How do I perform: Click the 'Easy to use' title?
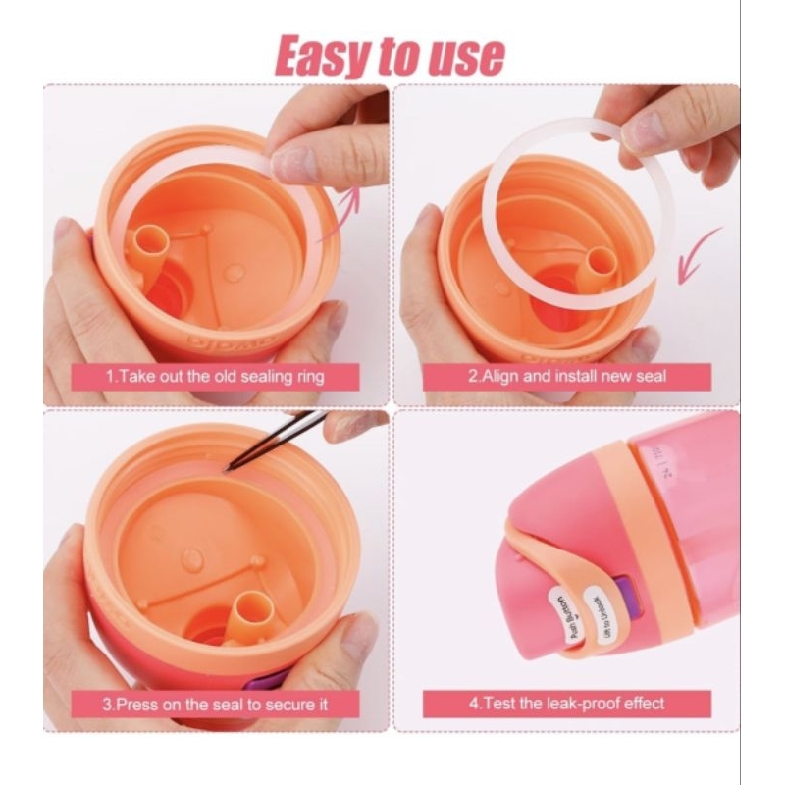pyautogui.click(x=391, y=56)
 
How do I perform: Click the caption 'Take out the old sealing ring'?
pyautogui.click(x=215, y=376)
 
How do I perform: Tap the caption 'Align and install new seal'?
pyautogui.click(x=566, y=376)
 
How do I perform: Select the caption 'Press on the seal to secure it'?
pyautogui.click(x=215, y=704)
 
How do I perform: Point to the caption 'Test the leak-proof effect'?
pyautogui.click(x=566, y=704)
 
